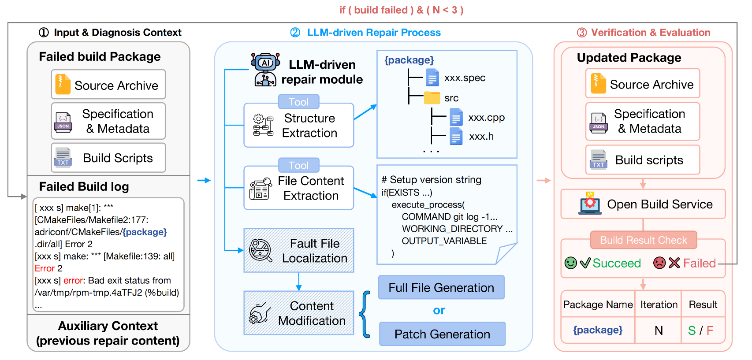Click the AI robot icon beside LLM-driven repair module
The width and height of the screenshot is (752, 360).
[265, 69]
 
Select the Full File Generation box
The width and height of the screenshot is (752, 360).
[441, 288]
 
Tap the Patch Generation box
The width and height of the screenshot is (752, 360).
[442, 334]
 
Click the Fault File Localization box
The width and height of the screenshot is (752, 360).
[299, 250]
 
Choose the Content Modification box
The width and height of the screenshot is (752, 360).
[299, 313]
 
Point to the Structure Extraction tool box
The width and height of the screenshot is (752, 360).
[299, 126]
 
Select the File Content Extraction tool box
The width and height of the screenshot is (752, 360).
[299, 188]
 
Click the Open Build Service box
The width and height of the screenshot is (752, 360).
[643, 204]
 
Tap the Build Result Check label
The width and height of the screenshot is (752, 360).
[644, 240]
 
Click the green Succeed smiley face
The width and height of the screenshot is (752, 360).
[571, 263]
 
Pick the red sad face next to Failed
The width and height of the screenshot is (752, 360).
[659, 263]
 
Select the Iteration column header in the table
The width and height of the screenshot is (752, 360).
[659, 304]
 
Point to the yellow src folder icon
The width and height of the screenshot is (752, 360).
[432, 97]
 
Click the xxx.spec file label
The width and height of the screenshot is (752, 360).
[465, 78]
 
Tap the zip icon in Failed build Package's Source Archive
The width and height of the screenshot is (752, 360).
[63, 84]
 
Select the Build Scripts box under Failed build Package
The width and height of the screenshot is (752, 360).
[108, 158]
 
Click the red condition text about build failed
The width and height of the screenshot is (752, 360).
[401, 10]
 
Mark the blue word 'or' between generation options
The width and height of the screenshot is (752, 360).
[439, 311]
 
